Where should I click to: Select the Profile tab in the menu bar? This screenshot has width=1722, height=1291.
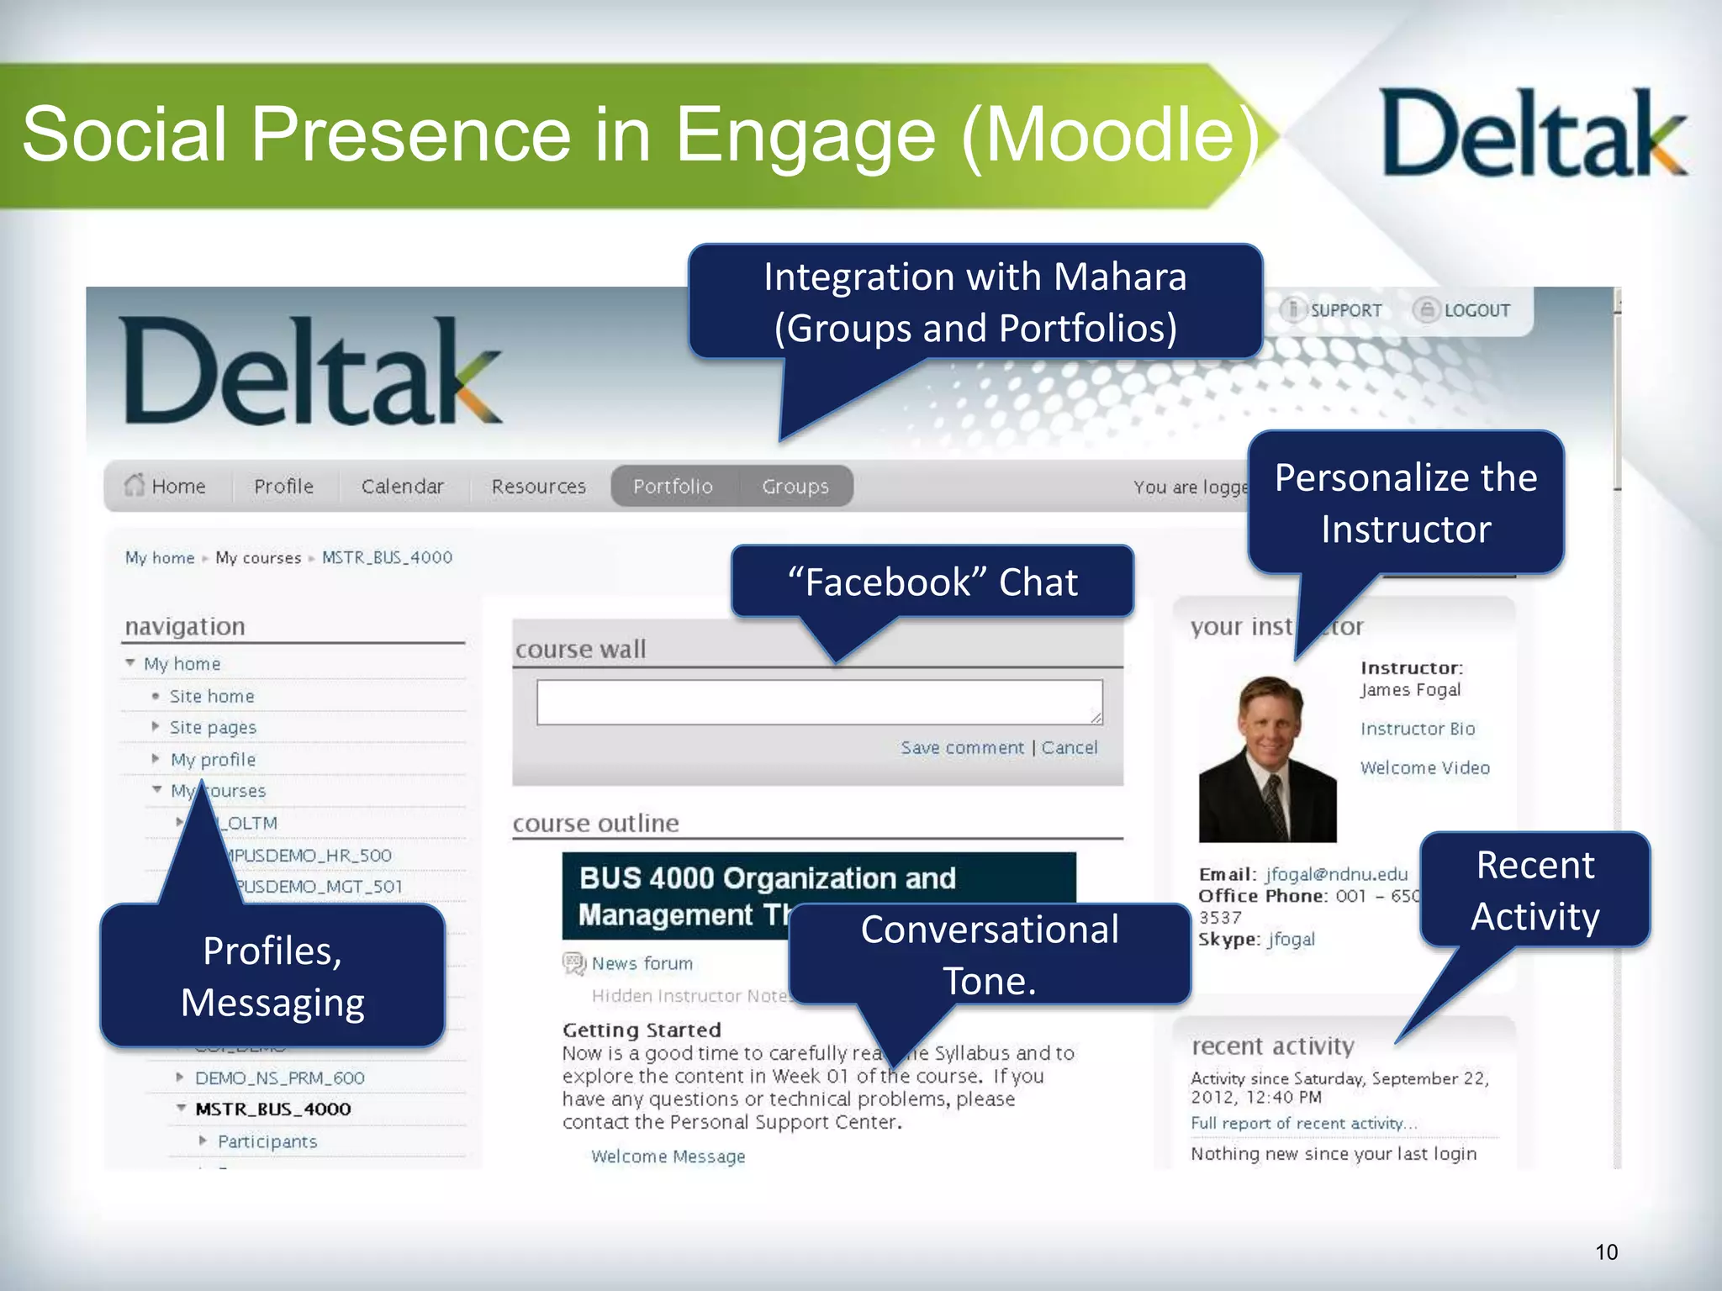283,487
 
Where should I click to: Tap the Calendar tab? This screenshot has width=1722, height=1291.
402,487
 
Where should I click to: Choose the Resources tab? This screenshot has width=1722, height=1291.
538,487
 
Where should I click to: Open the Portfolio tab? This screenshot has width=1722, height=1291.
673,487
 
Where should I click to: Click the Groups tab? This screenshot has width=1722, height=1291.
795,487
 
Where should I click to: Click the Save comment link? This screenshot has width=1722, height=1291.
962,748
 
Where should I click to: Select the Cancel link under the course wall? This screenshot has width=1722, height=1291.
1070,748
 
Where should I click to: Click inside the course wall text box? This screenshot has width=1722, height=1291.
819,702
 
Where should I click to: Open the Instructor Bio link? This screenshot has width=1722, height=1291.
1418,729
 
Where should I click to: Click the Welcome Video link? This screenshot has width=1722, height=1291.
1424,768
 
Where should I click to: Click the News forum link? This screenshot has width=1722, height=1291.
642,963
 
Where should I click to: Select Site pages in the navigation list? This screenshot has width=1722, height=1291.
213,728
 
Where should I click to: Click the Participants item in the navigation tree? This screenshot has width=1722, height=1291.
267,1141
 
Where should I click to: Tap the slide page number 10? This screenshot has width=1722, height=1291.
1606,1252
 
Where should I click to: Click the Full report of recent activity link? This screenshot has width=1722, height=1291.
1303,1124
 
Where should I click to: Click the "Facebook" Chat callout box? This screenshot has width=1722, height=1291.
932,582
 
